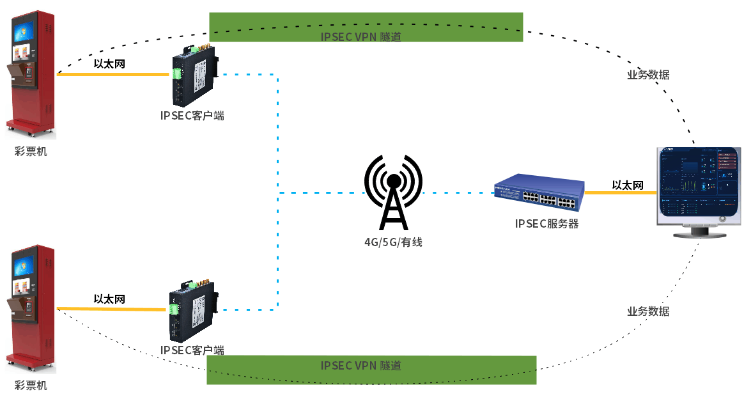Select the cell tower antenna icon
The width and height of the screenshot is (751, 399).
click(393, 192)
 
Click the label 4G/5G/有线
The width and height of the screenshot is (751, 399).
click(393, 242)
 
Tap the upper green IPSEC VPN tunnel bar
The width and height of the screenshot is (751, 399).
click(366, 27)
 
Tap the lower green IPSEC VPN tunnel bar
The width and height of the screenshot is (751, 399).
click(371, 370)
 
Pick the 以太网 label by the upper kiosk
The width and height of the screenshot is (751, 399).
click(109, 63)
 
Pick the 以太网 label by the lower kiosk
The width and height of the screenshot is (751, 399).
click(109, 299)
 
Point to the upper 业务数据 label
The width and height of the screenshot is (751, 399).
click(648, 75)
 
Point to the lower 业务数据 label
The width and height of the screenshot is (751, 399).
click(648, 311)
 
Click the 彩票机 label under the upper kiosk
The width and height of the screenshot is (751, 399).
click(31, 152)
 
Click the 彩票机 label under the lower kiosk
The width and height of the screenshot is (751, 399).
click(31, 386)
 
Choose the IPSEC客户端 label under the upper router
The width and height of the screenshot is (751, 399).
click(192, 116)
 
